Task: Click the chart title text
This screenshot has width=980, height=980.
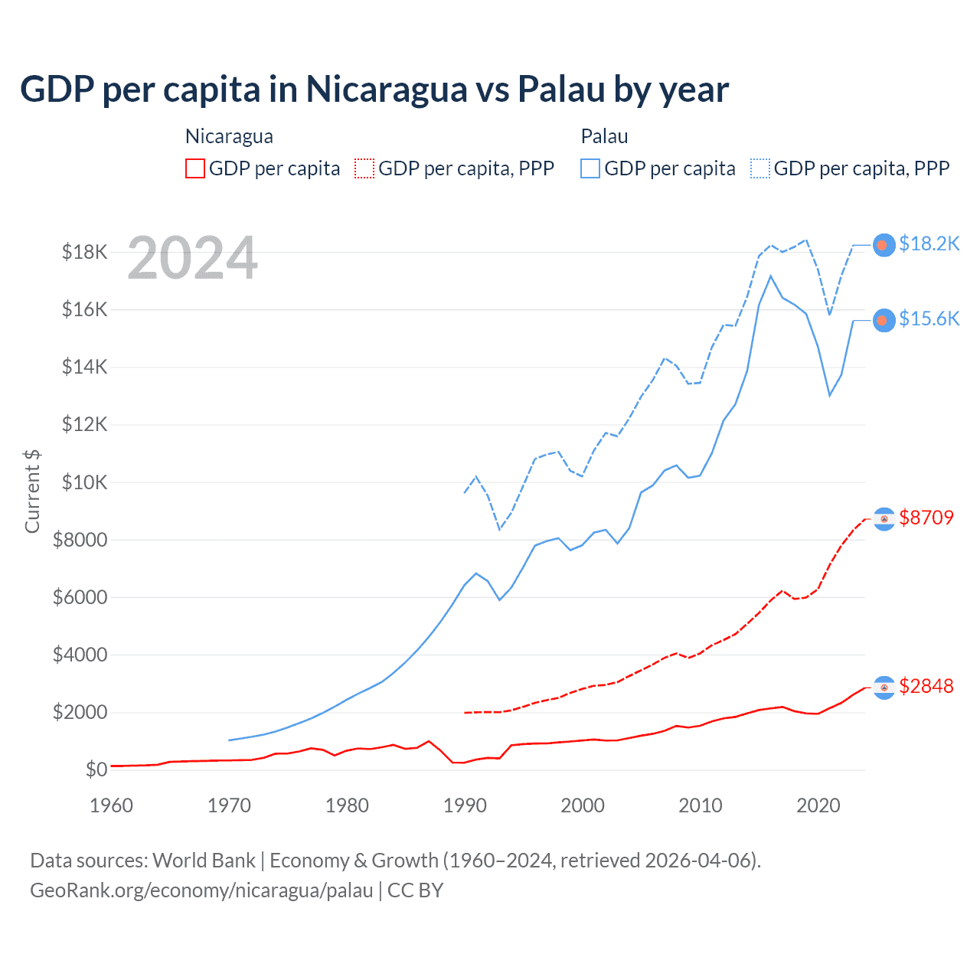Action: tap(374, 90)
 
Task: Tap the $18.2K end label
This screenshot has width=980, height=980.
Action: tap(929, 243)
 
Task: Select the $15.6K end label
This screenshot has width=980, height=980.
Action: tap(929, 318)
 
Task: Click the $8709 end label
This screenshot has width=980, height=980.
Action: tap(926, 518)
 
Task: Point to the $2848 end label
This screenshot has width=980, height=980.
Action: tap(926, 686)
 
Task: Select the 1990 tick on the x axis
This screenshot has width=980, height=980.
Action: tap(465, 805)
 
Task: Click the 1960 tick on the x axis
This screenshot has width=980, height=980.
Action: tap(112, 805)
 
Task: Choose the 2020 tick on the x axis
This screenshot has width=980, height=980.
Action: tap(818, 805)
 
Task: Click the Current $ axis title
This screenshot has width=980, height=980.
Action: tap(32, 492)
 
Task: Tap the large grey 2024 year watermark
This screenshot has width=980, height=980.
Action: tap(192, 259)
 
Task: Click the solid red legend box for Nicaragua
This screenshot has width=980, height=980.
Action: tap(195, 168)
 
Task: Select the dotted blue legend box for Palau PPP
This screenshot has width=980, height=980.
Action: tap(760, 168)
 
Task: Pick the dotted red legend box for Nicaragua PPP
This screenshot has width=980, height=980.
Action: tap(364, 168)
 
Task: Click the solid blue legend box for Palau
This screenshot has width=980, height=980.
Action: tap(590, 168)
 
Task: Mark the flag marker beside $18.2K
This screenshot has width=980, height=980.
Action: tap(884, 245)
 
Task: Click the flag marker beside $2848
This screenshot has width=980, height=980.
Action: tap(884, 688)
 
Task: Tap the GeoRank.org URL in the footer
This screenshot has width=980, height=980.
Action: tap(201, 890)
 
